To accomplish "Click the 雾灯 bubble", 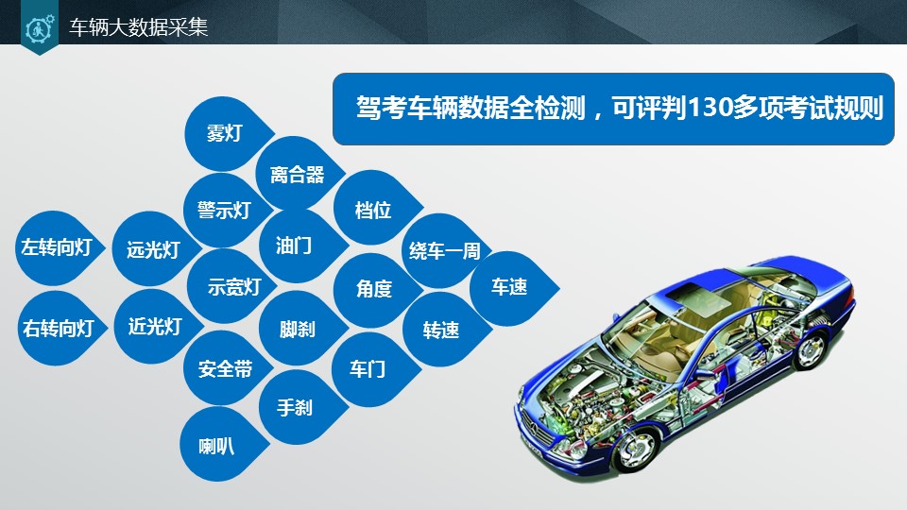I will (x=224, y=133).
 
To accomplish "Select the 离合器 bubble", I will (x=297, y=174).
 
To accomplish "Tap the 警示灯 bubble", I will (x=223, y=210).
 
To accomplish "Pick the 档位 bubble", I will (x=373, y=210).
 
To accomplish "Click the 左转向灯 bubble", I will (x=56, y=248).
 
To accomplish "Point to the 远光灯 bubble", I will (x=153, y=249).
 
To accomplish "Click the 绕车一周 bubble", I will (x=444, y=251).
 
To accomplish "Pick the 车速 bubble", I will (x=509, y=287).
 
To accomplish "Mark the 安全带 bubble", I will (x=224, y=369).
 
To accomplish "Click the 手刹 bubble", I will (x=295, y=409).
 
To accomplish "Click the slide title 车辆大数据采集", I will (x=139, y=27).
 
